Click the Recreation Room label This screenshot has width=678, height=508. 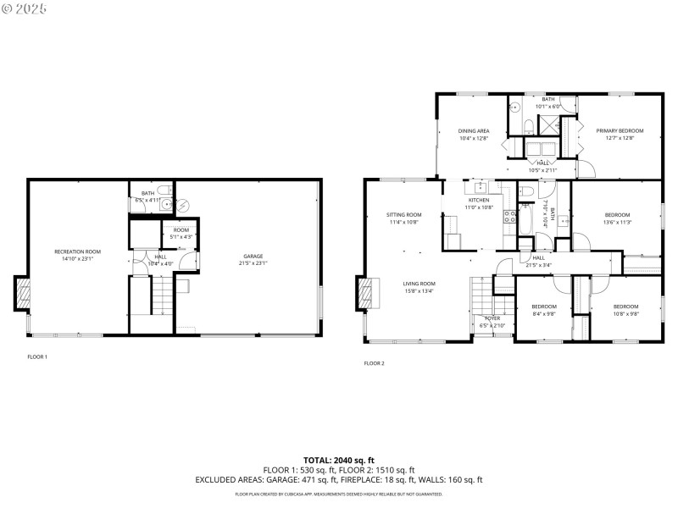[77, 254]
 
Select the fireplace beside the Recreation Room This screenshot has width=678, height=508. [24, 295]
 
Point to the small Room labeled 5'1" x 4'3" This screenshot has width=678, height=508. [181, 234]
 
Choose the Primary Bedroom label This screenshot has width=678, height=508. [620, 134]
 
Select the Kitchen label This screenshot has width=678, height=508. [479, 203]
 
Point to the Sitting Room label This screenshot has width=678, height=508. [404, 218]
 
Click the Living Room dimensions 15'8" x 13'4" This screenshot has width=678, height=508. [419, 292]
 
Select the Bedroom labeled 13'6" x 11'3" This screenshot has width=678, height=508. [617, 218]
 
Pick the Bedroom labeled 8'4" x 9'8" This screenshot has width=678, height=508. [543, 310]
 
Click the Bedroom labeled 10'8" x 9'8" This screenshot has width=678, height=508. [625, 310]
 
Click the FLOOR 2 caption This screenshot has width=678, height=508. [375, 363]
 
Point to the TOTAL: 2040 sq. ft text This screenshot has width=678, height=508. [338, 460]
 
